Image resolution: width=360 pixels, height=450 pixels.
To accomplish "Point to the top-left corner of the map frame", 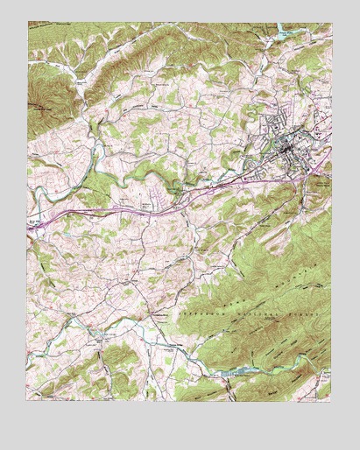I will [x=28, y=22].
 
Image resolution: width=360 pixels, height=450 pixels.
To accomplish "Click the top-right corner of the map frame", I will [x=333, y=22].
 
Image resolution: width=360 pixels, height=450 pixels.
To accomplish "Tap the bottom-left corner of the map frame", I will [x=28, y=400].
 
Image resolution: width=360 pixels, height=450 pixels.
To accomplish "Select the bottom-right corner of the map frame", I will [x=333, y=400].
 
